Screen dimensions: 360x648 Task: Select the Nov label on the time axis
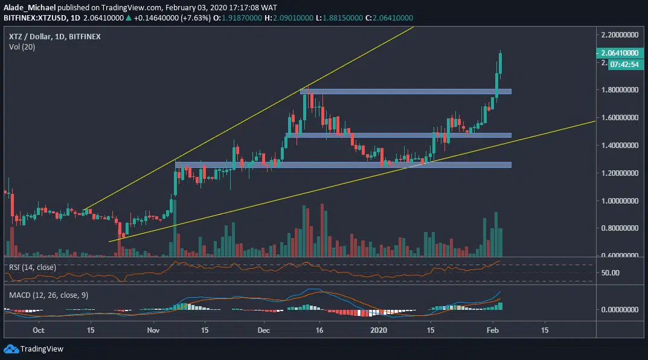pos(153,330)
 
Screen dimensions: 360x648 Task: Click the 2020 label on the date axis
pos(379,330)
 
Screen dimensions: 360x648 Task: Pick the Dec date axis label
pos(263,330)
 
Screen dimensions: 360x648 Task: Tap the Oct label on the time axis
pos(38,330)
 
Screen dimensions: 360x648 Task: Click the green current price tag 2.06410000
pos(620,53)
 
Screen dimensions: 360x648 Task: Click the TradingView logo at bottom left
pos(34,349)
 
